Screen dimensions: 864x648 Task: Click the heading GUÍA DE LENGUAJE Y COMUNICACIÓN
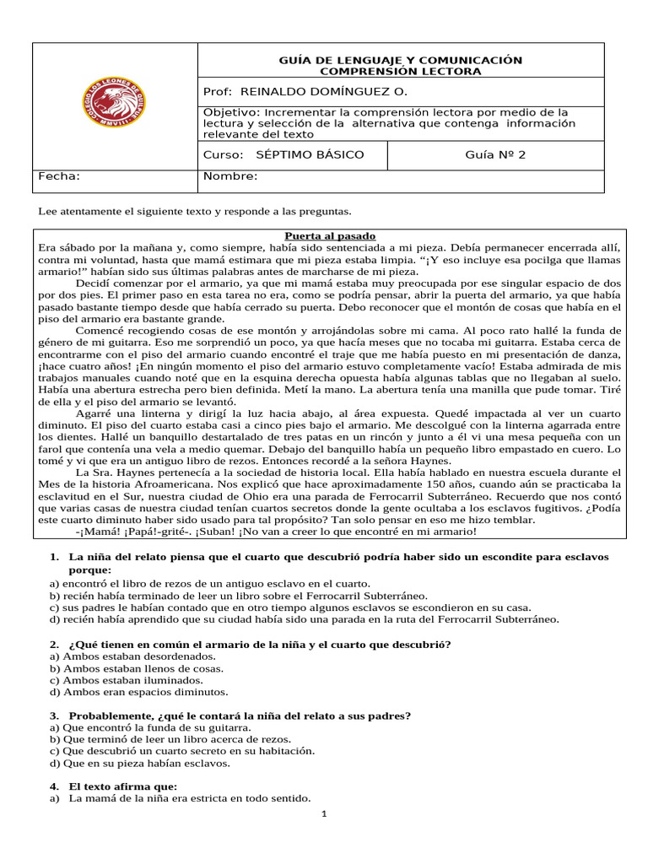(400, 60)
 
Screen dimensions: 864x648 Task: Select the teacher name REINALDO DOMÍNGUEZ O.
(323, 91)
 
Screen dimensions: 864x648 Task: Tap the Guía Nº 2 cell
(495, 154)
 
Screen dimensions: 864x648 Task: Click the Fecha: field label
(60, 176)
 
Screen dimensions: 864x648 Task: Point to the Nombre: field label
(230, 176)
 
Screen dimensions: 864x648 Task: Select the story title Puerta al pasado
(330, 235)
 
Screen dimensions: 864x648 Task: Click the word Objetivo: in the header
(233, 111)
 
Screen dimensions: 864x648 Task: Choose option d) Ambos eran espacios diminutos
(138, 692)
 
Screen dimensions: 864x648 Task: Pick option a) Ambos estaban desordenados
(132, 656)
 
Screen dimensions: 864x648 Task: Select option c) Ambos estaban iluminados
(127, 679)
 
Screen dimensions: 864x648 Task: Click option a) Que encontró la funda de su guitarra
(150, 726)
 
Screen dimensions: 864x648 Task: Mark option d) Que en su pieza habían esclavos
(140, 763)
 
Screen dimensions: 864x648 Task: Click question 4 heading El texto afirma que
(123, 786)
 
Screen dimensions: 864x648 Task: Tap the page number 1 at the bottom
(324, 814)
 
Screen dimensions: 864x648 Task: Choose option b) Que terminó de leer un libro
(158, 739)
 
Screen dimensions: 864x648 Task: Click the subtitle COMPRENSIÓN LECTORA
(400, 71)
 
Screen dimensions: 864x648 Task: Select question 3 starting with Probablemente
(240, 715)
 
